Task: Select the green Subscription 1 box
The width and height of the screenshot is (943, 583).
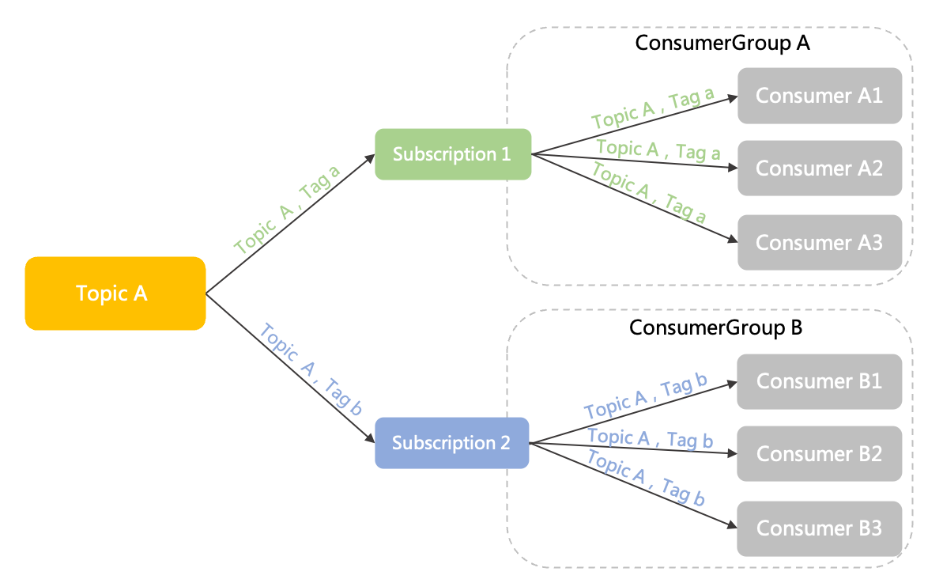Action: (x=452, y=154)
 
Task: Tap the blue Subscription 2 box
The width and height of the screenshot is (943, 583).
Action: (x=451, y=443)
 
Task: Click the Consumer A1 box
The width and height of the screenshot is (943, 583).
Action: (x=819, y=96)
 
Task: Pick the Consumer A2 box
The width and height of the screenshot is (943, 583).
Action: (x=819, y=168)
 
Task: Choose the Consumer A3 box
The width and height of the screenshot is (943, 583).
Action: (x=819, y=242)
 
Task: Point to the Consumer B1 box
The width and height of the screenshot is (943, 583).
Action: (x=819, y=381)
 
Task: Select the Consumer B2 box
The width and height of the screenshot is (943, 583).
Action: (x=819, y=454)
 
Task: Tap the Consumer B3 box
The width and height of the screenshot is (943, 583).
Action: (x=819, y=528)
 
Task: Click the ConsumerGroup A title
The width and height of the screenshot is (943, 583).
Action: (x=722, y=43)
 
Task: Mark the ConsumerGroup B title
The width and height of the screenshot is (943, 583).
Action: (x=715, y=327)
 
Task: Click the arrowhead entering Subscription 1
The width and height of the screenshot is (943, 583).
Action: (x=370, y=158)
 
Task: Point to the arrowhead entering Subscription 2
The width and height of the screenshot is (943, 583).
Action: (x=370, y=439)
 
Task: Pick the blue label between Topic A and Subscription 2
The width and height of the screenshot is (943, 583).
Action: (x=311, y=369)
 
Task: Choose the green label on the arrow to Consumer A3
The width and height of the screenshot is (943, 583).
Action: (x=649, y=192)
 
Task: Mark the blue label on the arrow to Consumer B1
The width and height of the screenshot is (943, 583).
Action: (x=645, y=398)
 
